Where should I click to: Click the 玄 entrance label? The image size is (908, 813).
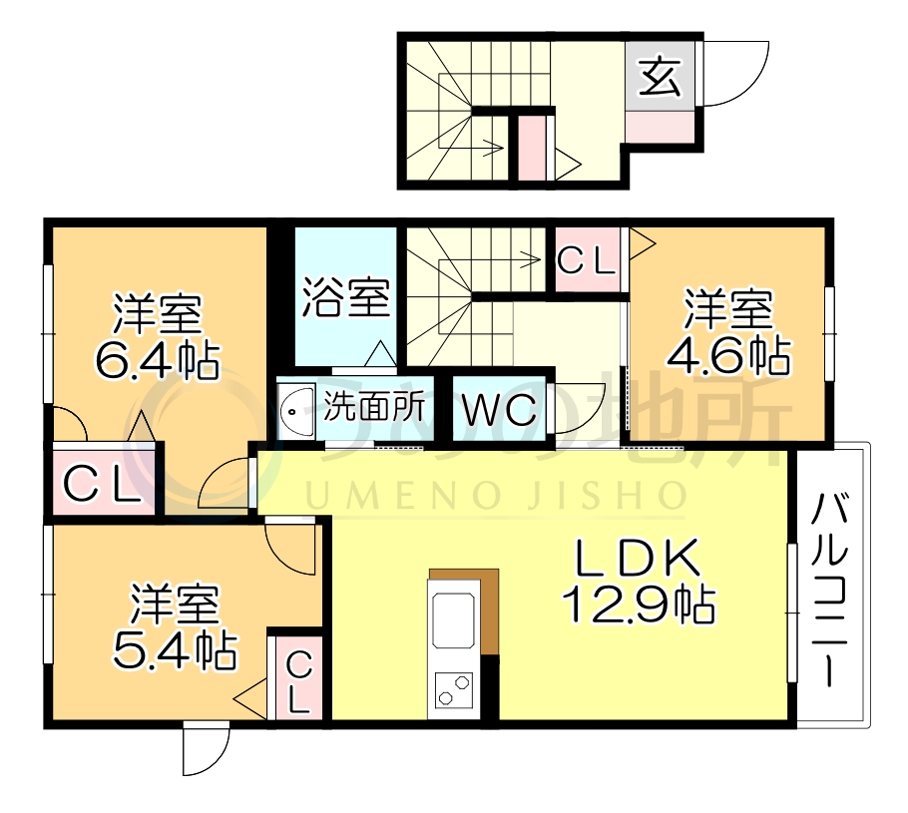660,78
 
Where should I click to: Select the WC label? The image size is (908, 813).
500,410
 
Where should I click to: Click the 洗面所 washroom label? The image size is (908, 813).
376,407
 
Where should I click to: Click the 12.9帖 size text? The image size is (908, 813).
639,603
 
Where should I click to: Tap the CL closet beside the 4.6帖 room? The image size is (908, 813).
586,261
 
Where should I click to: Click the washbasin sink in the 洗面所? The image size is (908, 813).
296,408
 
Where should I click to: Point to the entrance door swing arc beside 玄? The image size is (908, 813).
738,75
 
